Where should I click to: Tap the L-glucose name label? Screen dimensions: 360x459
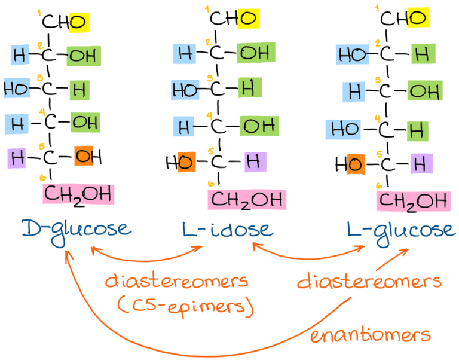(x=400, y=230)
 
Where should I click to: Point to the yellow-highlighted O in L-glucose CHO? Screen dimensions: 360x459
(x=418, y=18)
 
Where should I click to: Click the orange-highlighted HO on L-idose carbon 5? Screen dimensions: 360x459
(x=186, y=161)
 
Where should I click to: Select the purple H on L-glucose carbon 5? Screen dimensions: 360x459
(x=421, y=163)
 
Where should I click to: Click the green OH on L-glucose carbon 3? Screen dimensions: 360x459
(x=426, y=91)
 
